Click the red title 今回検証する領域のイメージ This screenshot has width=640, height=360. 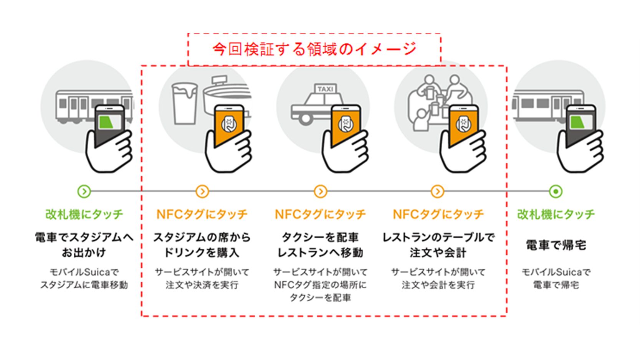[x=314, y=50]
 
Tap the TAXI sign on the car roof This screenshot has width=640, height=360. [x=326, y=89]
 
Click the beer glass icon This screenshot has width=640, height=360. [x=184, y=102]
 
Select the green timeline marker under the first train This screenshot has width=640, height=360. [x=84, y=191]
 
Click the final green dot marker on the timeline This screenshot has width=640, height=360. [x=556, y=191]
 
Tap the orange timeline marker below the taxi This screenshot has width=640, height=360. [x=320, y=191]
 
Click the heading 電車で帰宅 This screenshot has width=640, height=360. [x=556, y=245]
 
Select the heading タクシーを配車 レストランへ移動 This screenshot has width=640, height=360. [x=320, y=245]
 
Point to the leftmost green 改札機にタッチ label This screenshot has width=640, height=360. [x=84, y=214]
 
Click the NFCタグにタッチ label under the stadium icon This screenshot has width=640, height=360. [x=202, y=214]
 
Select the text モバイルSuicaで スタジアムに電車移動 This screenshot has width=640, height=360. [x=84, y=278]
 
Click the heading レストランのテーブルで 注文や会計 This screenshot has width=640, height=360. [x=438, y=245]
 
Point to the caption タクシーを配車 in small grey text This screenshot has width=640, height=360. [x=320, y=297]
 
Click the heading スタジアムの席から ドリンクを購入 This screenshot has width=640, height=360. [x=202, y=245]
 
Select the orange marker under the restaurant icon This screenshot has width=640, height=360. [x=438, y=191]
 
